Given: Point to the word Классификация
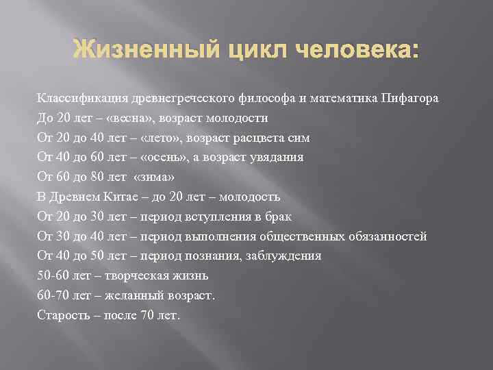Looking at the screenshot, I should pos(76,98).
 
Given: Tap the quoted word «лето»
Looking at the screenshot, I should pos(157,138).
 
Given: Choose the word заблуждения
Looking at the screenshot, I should pos(283,256).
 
